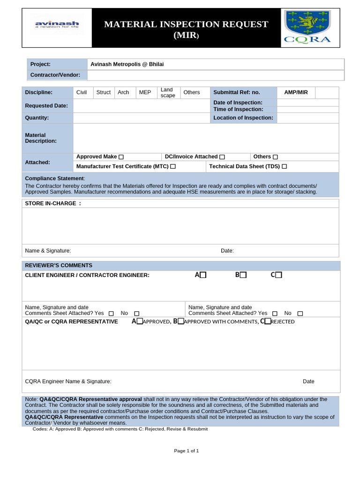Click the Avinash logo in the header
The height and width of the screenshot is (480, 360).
(57, 23)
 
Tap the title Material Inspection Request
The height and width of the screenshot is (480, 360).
(186, 29)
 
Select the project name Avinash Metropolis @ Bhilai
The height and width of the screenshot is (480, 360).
(127, 64)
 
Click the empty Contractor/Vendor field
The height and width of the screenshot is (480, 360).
(215, 75)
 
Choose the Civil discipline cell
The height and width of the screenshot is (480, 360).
(82, 92)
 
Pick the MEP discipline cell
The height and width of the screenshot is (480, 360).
(145, 92)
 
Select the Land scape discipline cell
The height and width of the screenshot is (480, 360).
(167, 92)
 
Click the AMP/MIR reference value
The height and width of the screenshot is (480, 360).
(296, 92)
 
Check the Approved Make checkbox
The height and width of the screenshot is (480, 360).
(121, 157)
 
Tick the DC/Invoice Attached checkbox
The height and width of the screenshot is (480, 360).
(222, 157)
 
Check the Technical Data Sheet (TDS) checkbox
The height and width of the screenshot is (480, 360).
(284, 166)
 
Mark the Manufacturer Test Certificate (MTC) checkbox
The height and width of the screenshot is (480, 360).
(173, 166)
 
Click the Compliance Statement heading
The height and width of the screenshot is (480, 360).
(55, 179)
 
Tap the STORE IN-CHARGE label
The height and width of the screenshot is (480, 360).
(53, 203)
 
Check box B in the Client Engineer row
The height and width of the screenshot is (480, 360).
(243, 275)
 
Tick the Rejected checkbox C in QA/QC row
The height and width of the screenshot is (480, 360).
(268, 322)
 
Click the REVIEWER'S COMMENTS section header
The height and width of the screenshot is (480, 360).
(59, 265)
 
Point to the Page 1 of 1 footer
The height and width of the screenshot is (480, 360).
(187, 451)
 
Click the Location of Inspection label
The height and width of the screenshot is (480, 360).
(243, 118)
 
